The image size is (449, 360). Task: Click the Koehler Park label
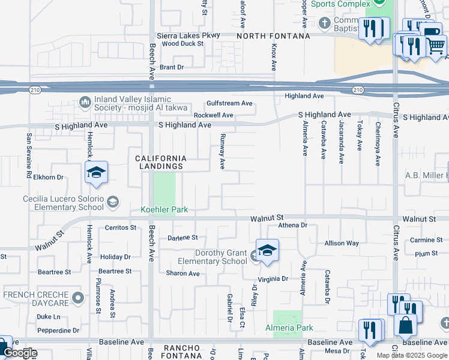pyautogui.click(x=164, y=209)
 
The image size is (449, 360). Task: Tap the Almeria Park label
pyautogui.click(x=289, y=328)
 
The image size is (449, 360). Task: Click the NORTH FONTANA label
pyautogui.click(x=273, y=36)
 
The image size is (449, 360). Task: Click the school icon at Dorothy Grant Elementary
pyautogui.click(x=267, y=250)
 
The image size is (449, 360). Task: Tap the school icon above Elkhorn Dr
pyautogui.click(x=96, y=173)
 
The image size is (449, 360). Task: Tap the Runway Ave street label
pyautogui.click(x=222, y=151)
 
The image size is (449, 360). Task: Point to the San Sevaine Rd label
pyautogui.click(x=28, y=155)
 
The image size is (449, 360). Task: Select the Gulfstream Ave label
pyautogui.click(x=230, y=103)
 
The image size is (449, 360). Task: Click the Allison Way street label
pyautogui.click(x=342, y=243)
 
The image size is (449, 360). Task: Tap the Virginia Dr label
pyautogui.click(x=273, y=278)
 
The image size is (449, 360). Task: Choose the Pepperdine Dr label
pyautogui.click(x=58, y=330)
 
